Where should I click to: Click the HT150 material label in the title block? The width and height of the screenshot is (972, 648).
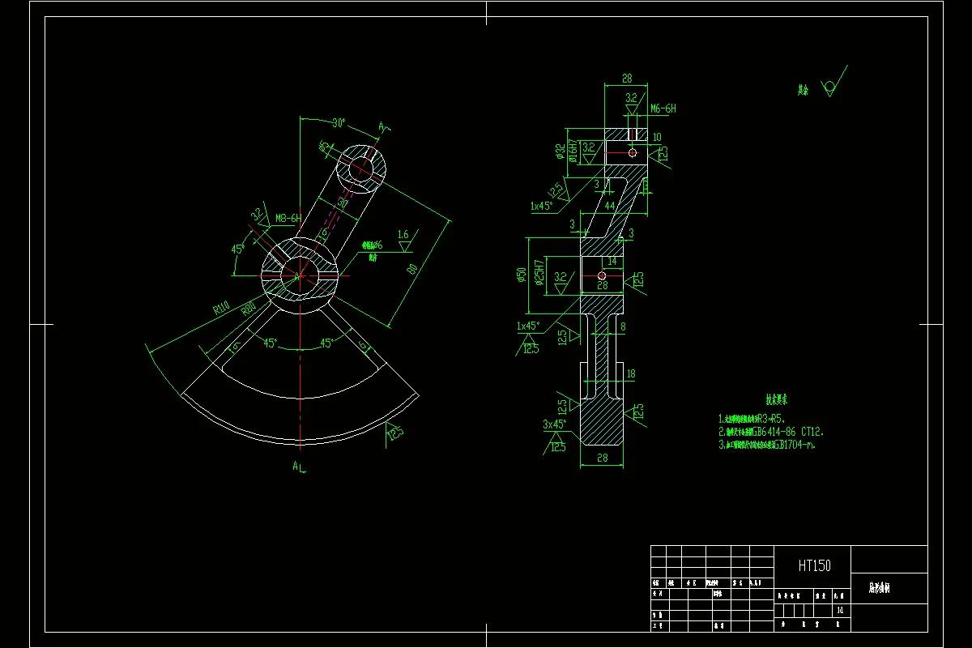814,565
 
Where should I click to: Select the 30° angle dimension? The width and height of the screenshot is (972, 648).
339,123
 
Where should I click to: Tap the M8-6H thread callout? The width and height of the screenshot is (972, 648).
288,218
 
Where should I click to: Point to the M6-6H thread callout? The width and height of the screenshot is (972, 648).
663,109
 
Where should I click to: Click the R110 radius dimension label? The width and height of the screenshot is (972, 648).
220,309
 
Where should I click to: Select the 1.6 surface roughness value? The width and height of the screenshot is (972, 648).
403,235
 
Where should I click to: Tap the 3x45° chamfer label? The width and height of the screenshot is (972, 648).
555,424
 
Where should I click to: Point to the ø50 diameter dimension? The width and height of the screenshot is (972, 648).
520,276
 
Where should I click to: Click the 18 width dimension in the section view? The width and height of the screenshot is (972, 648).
631,373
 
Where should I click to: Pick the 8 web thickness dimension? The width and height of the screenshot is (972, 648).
622,327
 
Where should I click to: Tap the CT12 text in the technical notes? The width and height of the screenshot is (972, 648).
810,432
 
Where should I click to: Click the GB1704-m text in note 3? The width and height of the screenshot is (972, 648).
797,445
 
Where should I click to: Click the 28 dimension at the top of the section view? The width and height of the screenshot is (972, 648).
626,79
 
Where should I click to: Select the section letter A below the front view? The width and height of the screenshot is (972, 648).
297,466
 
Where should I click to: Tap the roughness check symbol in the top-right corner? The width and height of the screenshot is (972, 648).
831,85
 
